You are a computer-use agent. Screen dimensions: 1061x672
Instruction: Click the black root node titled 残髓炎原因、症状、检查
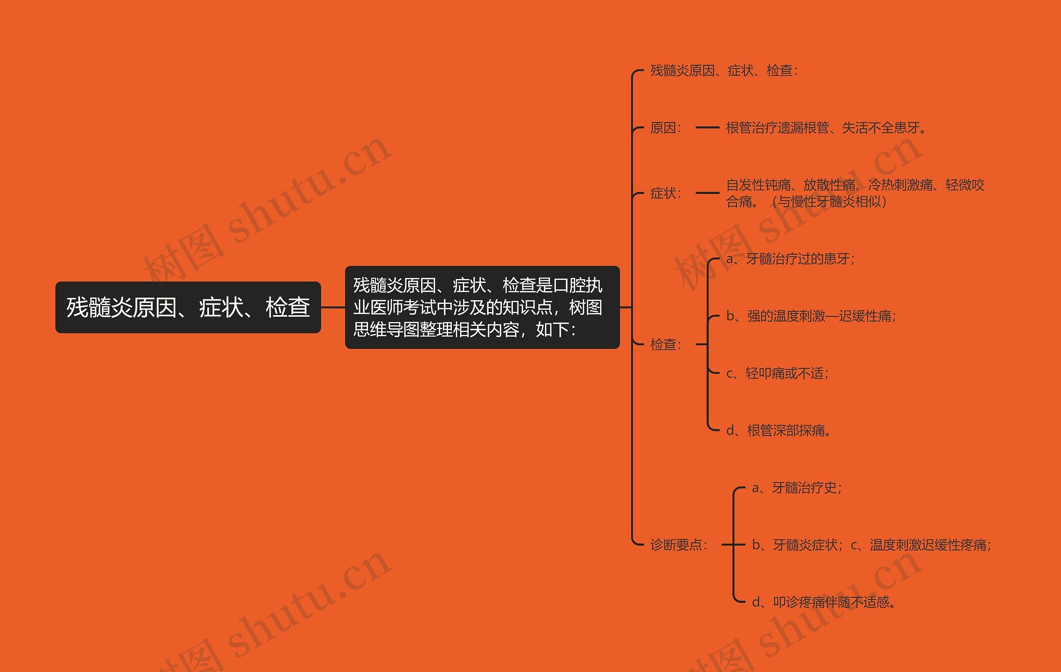188,307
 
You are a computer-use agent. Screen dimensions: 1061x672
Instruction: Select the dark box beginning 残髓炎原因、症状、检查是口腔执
482,307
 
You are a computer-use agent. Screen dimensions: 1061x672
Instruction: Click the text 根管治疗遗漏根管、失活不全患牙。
826,128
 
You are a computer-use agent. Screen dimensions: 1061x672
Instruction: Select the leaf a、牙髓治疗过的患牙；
790,259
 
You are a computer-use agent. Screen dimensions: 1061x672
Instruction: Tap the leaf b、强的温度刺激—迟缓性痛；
811,316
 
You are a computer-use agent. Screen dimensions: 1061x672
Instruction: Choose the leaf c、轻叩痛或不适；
778,373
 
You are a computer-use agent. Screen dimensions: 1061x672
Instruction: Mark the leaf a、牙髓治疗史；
797,488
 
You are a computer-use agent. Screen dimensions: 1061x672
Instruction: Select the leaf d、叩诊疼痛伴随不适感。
824,602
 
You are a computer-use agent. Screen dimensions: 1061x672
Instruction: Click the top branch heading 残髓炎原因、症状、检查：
724,70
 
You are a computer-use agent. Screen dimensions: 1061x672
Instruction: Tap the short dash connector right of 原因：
707,128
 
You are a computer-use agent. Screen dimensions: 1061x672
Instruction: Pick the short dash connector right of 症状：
707,193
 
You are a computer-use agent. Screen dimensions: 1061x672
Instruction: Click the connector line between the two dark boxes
333,307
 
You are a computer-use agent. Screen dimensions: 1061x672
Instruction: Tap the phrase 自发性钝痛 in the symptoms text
758,185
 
